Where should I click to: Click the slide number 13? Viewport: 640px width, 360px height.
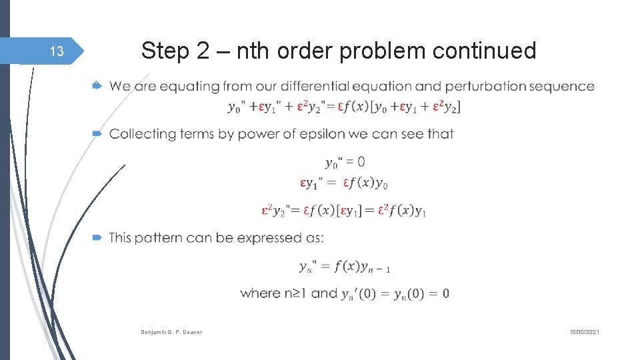tap(57, 51)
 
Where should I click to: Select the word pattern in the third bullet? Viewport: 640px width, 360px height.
tap(158, 238)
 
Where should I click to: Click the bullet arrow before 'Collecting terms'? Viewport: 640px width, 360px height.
tap(97, 134)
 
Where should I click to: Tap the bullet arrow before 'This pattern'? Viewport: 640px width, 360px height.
tap(97, 237)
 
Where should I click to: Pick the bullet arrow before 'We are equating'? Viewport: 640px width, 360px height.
tap(97, 86)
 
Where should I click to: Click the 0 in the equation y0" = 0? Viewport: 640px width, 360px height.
tap(361, 162)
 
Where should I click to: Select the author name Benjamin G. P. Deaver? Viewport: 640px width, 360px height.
tap(171, 331)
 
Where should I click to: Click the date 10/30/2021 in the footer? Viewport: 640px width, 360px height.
tap(584, 331)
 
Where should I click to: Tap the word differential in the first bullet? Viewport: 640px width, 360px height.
tap(315, 87)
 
